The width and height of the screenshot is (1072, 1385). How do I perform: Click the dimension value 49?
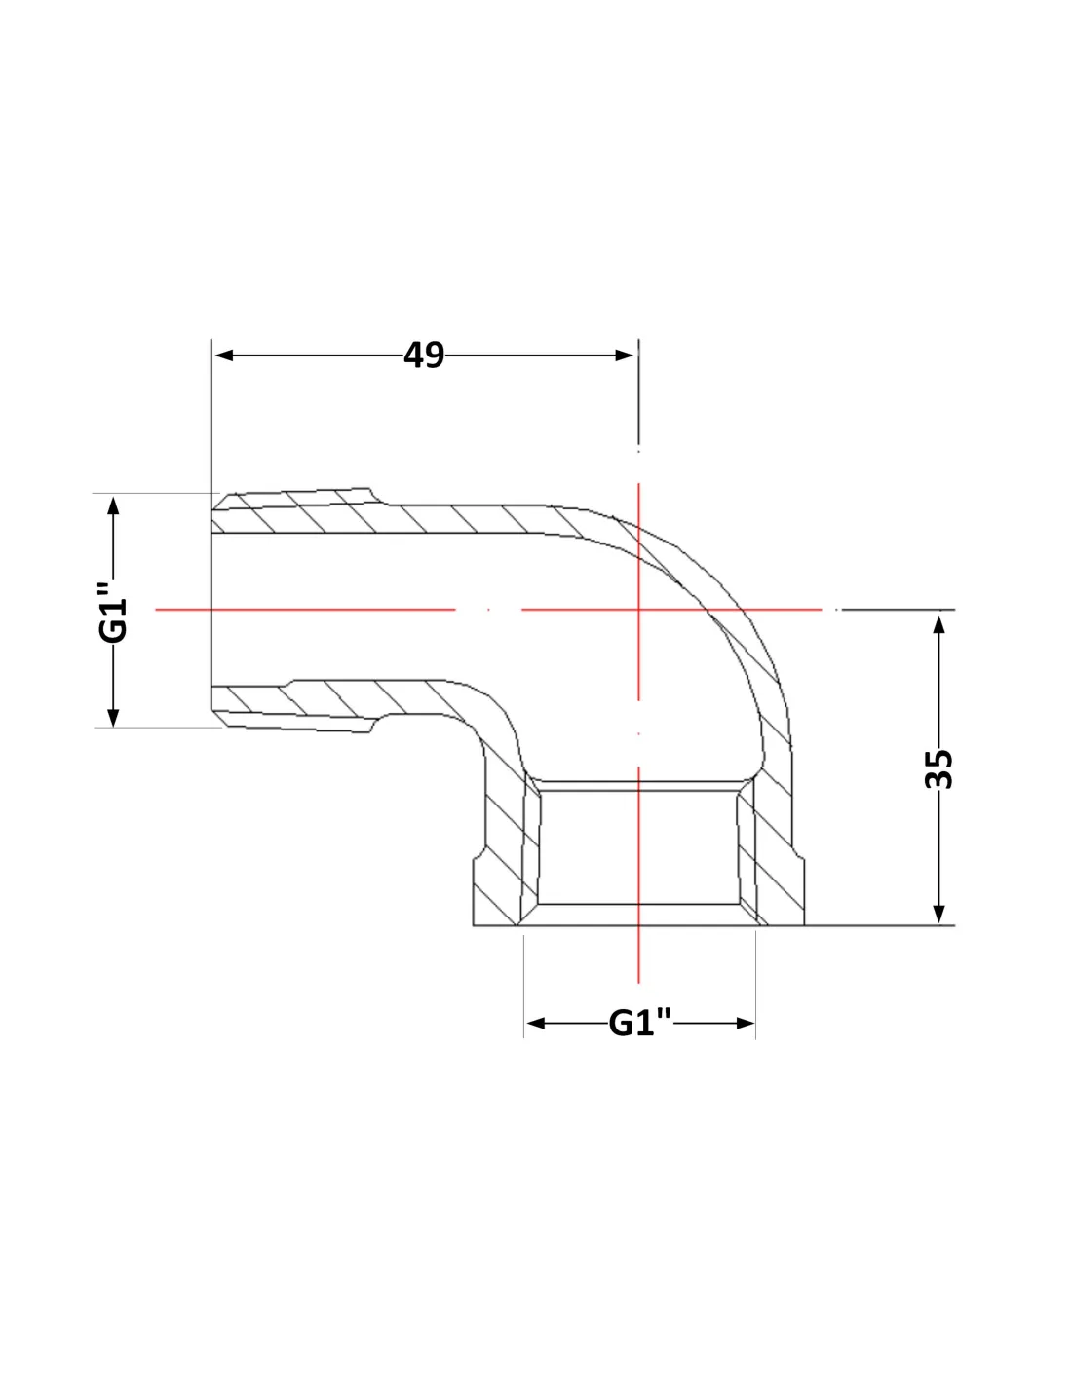(x=424, y=355)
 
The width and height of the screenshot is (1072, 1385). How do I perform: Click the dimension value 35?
(x=938, y=768)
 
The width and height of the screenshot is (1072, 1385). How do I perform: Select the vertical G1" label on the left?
(x=113, y=610)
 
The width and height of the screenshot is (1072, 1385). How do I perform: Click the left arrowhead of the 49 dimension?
(x=224, y=355)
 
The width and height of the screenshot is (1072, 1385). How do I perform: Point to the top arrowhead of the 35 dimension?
(x=938, y=624)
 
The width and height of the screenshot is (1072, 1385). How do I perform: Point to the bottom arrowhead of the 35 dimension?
(x=938, y=914)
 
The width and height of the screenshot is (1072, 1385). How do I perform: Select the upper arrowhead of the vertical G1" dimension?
(x=113, y=505)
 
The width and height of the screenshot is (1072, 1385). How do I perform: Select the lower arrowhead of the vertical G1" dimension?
(x=113, y=718)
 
